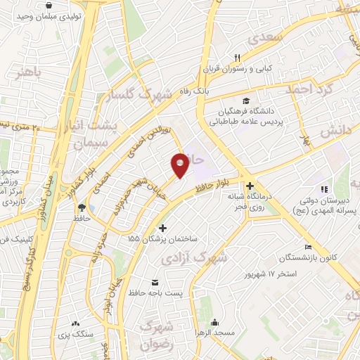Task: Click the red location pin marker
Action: pos(180,165)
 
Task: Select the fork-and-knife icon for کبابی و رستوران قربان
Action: pos(238,58)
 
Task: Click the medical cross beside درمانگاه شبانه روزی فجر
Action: pos(250,186)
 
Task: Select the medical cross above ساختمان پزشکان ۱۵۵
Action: pos(163,227)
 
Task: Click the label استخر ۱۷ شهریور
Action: pos(269,271)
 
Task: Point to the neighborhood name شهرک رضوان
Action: pos(156,335)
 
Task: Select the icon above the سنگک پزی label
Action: pos(75,323)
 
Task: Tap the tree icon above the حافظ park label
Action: pos(82,207)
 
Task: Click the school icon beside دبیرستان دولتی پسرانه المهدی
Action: pos(323,189)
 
